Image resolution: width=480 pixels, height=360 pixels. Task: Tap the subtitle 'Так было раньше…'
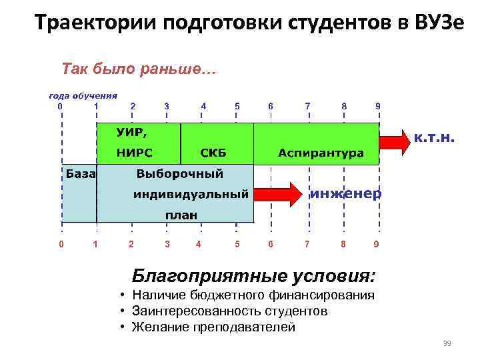click(x=139, y=69)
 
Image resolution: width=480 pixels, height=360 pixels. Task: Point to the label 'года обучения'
click(x=83, y=95)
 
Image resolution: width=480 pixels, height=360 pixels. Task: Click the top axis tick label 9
click(x=378, y=105)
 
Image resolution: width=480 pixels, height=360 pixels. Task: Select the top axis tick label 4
click(x=203, y=105)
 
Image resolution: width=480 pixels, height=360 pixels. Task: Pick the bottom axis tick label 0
click(x=61, y=244)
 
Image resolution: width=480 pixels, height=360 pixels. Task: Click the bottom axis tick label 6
click(x=271, y=244)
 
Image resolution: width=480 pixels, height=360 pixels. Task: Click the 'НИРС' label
click(x=135, y=153)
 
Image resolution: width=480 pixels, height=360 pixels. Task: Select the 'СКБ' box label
click(x=214, y=153)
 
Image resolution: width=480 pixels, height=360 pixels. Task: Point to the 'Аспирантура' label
click(x=321, y=153)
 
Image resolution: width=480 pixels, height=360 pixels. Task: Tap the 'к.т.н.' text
click(x=435, y=139)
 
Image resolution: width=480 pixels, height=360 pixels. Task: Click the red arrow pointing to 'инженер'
click(x=278, y=194)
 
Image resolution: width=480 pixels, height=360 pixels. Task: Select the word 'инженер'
click(x=346, y=194)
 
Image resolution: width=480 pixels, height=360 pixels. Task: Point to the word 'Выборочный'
click(x=179, y=173)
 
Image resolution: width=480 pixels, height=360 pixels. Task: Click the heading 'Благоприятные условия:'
click(x=253, y=275)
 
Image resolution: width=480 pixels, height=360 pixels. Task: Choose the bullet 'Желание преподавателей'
click(x=213, y=327)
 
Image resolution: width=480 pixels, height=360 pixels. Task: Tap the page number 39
click(x=447, y=343)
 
